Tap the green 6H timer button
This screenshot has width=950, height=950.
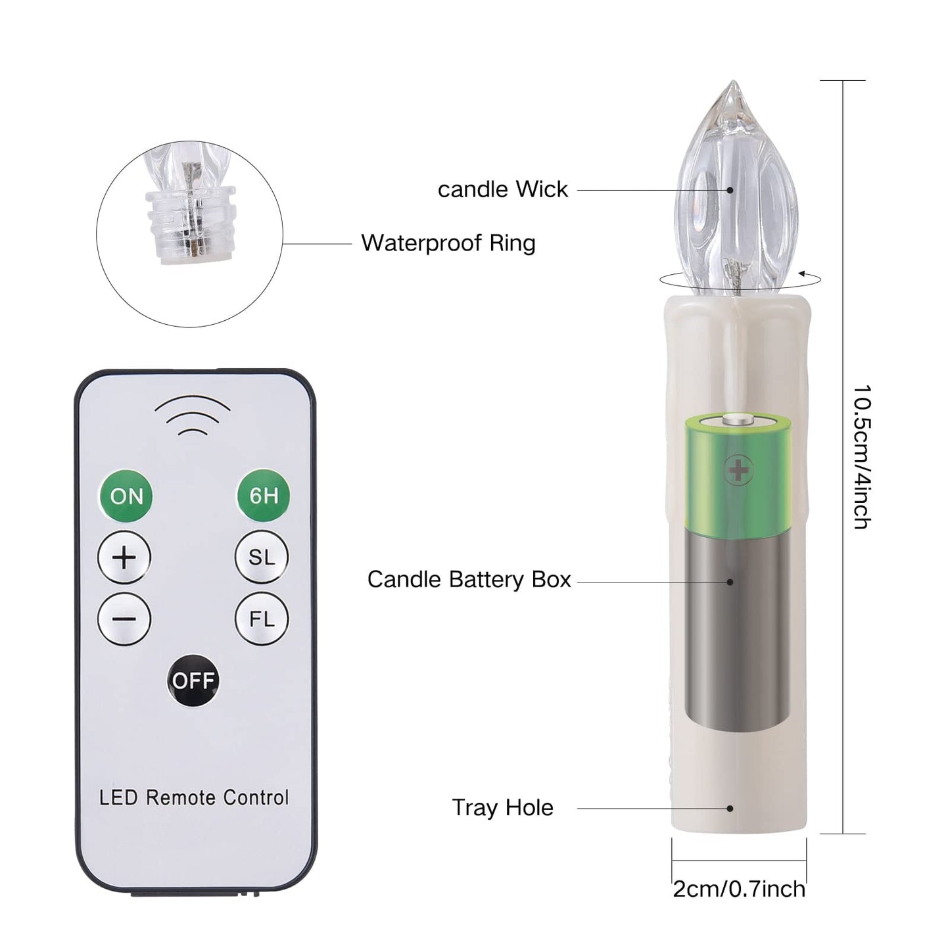click(x=263, y=496)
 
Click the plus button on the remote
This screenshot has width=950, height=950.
click(x=124, y=558)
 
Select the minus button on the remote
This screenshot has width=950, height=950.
click(x=124, y=619)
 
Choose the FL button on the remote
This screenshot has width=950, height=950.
click(x=262, y=619)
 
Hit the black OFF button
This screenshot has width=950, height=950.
click(x=193, y=681)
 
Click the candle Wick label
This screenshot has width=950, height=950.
click(x=503, y=190)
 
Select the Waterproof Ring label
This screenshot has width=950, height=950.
click(x=448, y=243)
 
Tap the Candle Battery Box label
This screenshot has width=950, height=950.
click(x=469, y=580)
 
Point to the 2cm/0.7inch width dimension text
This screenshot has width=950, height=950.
click(x=739, y=890)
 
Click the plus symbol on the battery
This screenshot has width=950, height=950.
click(x=738, y=470)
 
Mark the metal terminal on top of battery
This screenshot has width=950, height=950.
click(x=738, y=421)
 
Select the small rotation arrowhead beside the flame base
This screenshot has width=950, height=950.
click(x=803, y=273)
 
